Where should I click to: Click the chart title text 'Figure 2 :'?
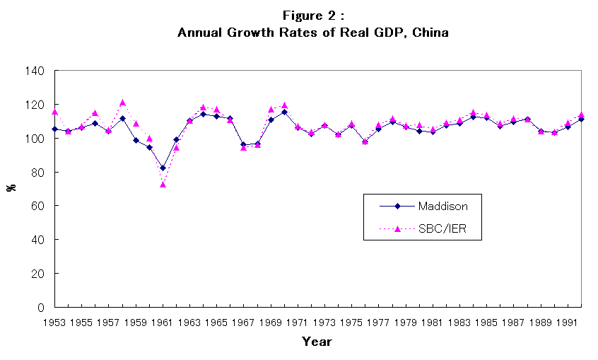click(313, 16)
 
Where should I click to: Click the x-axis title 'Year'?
click(316, 342)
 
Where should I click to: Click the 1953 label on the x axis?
click(55, 322)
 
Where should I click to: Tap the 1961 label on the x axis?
click(163, 322)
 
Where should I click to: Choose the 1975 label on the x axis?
click(351, 322)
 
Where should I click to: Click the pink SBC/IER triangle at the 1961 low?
click(163, 184)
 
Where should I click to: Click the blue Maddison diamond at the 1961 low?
click(163, 168)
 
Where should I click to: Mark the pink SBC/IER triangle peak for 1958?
click(122, 103)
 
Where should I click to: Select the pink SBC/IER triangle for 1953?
click(55, 112)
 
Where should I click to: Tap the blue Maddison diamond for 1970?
click(284, 112)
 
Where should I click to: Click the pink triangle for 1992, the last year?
click(581, 115)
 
